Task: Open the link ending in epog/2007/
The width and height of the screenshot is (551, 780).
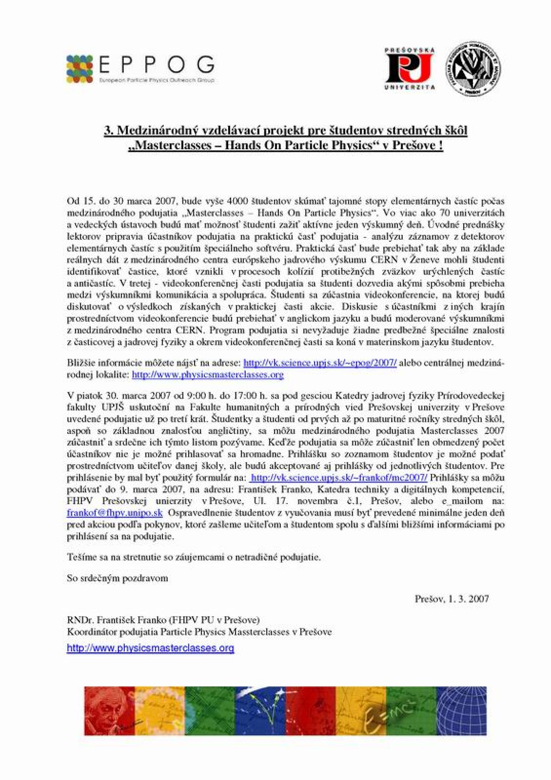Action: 320,363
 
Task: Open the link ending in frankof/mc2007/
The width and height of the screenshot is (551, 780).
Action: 338,477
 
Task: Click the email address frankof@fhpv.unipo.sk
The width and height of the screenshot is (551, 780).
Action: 115,513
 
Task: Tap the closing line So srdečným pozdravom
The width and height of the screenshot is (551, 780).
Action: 118,578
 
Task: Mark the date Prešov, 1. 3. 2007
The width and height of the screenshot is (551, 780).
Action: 452,599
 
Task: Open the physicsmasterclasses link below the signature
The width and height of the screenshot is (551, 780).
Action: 150,648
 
